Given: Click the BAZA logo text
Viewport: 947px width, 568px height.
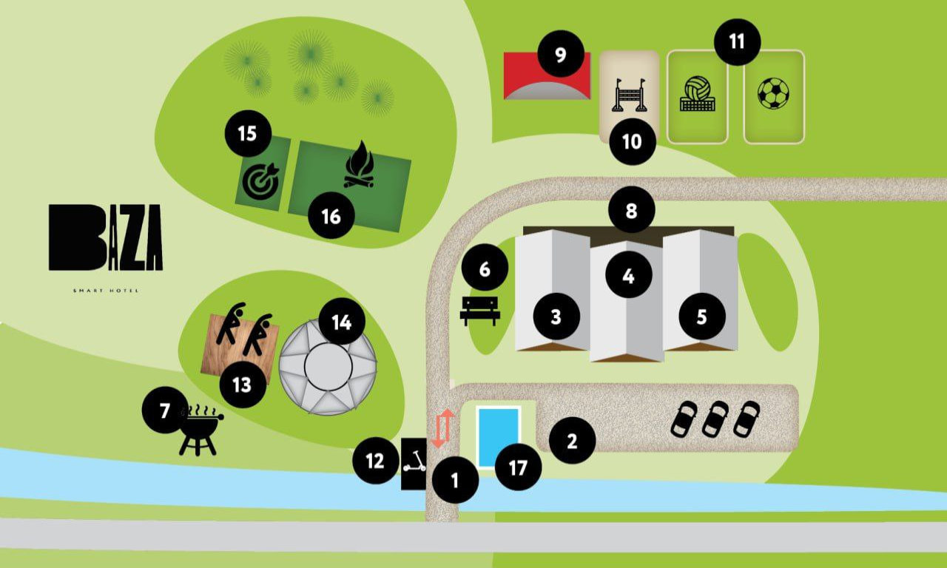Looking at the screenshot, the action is click(106, 237).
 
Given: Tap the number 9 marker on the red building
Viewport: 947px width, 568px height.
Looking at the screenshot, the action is click(560, 54).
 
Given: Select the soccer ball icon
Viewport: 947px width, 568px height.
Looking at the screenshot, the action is click(773, 94).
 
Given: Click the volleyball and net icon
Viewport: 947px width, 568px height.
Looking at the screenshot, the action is click(696, 95).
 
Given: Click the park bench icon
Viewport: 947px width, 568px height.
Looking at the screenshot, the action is click(480, 311).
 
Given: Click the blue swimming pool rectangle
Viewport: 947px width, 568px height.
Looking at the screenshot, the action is click(498, 436).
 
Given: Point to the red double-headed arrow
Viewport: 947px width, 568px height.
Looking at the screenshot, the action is click(442, 428).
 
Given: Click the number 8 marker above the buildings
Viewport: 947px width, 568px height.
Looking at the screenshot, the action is click(631, 211).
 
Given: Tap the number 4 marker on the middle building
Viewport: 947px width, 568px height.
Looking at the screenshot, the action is click(628, 276).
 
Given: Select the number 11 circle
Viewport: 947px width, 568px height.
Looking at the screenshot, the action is click(737, 41).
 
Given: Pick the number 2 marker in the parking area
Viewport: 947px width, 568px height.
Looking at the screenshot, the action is click(571, 442).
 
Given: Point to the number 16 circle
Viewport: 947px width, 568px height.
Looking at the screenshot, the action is click(331, 216).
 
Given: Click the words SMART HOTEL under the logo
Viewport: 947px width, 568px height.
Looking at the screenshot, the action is click(106, 291).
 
